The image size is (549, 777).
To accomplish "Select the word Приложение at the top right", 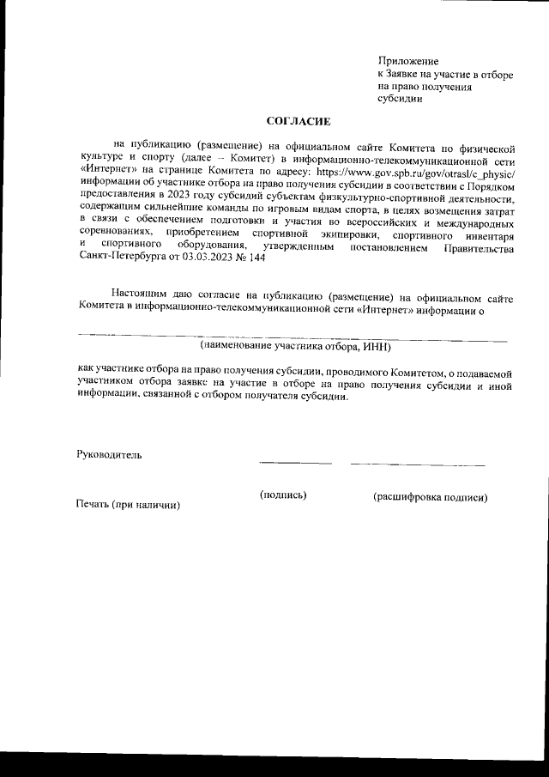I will (408, 61).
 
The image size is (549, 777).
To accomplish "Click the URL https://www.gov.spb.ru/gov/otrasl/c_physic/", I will (415, 175).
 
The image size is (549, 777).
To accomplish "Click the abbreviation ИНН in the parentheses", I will (375, 346).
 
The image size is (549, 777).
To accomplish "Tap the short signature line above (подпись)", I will (288, 464).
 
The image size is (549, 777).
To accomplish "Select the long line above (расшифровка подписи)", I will (417, 464).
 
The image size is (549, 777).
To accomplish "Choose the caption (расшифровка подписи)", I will (430, 497).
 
